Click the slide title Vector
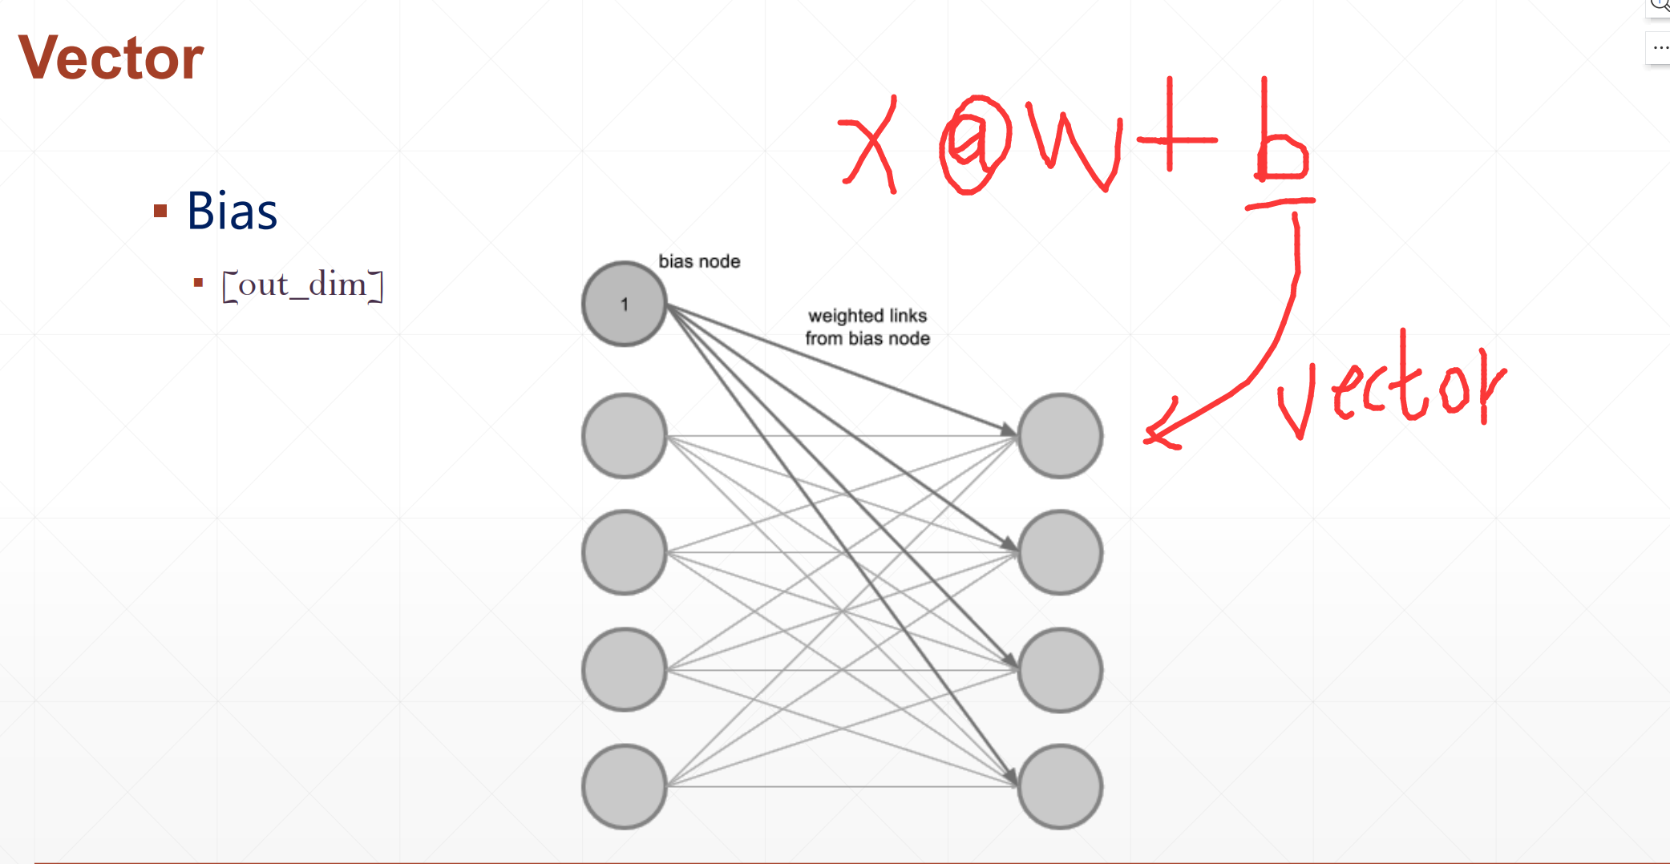pos(111,58)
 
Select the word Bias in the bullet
pos(232,212)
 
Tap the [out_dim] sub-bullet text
pos(302,285)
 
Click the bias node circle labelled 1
pos(624,305)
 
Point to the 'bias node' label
pos(699,261)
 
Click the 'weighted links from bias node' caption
pos(867,327)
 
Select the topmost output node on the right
pos(1060,436)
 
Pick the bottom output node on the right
pos(1060,786)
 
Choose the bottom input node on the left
pos(624,786)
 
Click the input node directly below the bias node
pos(624,436)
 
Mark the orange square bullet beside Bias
pos(160,212)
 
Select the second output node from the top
pos(1060,552)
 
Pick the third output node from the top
pos(1060,670)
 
